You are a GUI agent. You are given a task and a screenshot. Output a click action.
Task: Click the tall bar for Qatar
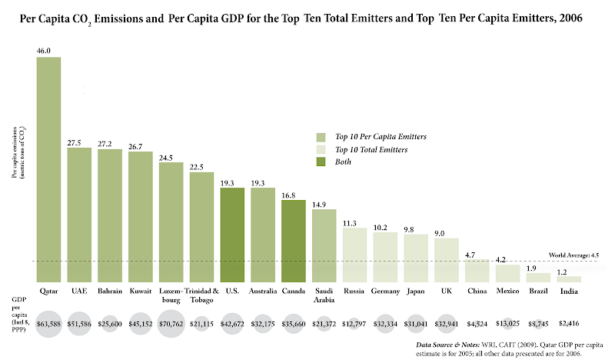49,169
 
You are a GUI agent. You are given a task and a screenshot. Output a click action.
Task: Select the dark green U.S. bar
232,235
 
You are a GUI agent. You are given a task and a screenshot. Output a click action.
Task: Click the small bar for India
569,279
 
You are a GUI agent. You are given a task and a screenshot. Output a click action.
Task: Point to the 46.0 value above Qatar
43,51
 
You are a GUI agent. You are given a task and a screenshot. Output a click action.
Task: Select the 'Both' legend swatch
321,162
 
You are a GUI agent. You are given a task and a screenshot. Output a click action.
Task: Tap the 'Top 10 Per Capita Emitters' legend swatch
321,136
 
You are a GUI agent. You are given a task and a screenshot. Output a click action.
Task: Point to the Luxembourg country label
171,295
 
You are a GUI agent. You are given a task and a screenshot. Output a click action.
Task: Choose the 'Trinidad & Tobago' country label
201,295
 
